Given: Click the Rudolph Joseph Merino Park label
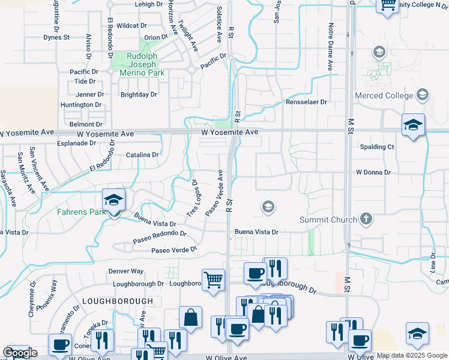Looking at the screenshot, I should click(141, 64).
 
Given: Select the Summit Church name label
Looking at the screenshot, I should click(327, 220).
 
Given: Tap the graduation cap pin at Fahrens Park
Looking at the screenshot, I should click(113, 202).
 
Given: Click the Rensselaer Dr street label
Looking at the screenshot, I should click(307, 102).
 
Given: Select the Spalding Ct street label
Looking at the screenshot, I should click(377, 146).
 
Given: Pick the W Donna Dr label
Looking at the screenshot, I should click(373, 172).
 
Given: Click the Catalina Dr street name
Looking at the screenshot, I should click(142, 155).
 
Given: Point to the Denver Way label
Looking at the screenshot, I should click(126, 271).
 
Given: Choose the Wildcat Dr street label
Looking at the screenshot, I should click(131, 26).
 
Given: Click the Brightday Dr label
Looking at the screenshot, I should click(139, 94).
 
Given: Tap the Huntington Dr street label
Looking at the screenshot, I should click(81, 104).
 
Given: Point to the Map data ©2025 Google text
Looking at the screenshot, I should click(411, 355).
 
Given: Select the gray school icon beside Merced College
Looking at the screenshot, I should click(423, 95).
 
